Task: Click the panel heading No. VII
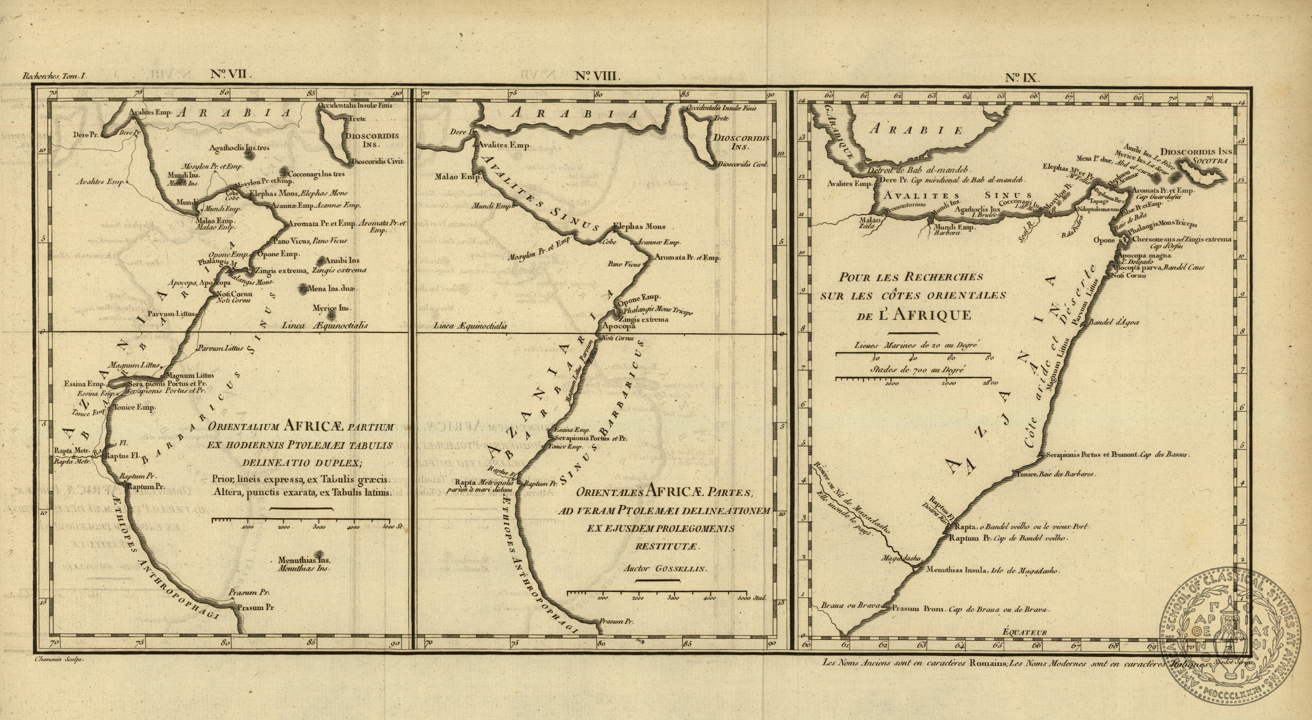click(231, 74)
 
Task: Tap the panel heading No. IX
click(1021, 78)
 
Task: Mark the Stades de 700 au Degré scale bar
click(916, 378)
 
